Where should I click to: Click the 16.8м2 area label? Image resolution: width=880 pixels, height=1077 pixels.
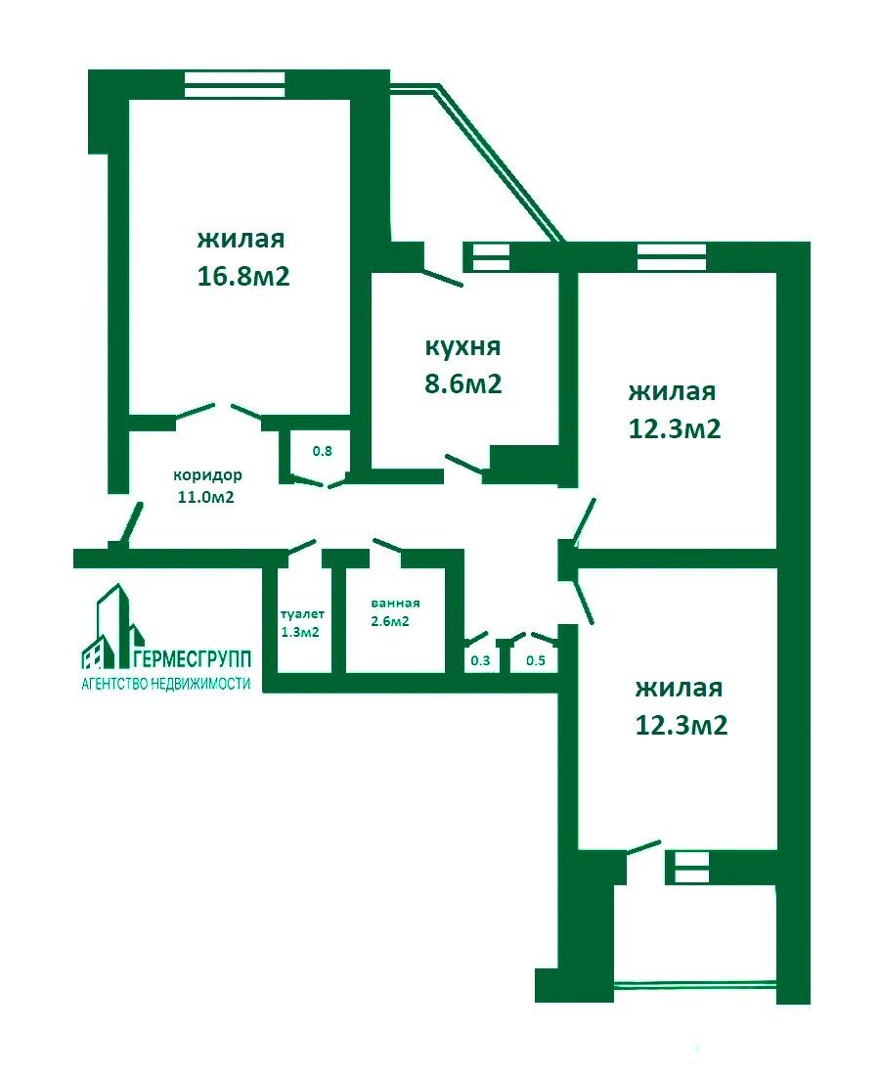tap(243, 276)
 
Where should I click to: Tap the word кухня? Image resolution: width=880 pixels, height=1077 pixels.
tap(462, 346)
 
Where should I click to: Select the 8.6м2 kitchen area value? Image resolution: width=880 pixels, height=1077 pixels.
tap(462, 383)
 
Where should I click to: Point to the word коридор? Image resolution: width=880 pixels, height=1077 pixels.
tap(207, 475)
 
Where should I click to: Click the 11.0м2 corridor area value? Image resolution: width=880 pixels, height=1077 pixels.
tap(205, 497)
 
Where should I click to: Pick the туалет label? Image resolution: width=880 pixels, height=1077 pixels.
tap(301, 614)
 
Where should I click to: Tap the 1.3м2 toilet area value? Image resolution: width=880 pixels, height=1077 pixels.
tap(301, 632)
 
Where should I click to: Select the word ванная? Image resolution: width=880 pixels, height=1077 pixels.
tap(395, 603)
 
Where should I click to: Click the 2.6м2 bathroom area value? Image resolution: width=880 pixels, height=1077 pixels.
tap(390, 621)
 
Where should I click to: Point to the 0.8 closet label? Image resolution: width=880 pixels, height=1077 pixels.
tap(322, 451)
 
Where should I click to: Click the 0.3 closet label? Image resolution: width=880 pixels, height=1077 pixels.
tap(480, 661)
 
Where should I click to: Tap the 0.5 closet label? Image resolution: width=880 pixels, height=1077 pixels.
tap(536, 661)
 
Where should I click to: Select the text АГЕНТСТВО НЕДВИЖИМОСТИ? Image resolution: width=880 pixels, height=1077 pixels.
tap(165, 684)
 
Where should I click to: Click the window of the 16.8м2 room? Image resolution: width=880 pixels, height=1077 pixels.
tap(235, 82)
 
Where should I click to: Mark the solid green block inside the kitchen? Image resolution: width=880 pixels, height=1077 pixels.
tap(522, 462)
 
